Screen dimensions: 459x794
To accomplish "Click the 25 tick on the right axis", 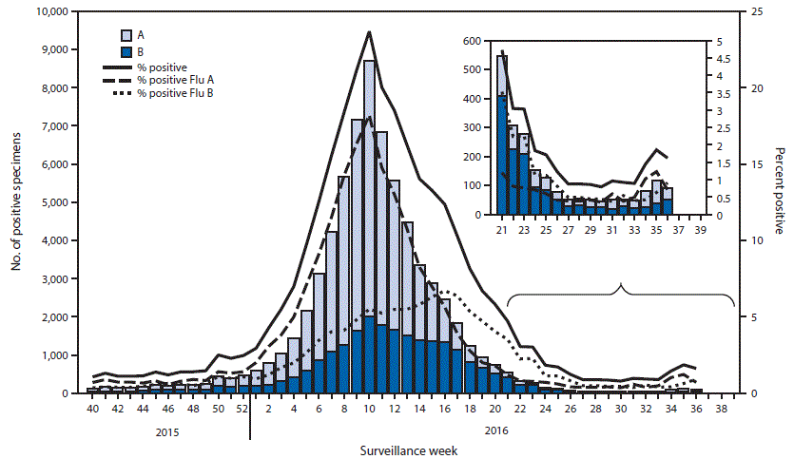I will (759, 11).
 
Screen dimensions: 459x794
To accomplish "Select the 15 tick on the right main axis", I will (759, 164).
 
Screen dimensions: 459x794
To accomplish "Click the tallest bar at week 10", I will (369, 228).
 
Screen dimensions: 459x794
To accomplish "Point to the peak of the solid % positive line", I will (369, 32).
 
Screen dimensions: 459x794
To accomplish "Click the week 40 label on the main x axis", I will (91, 408).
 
